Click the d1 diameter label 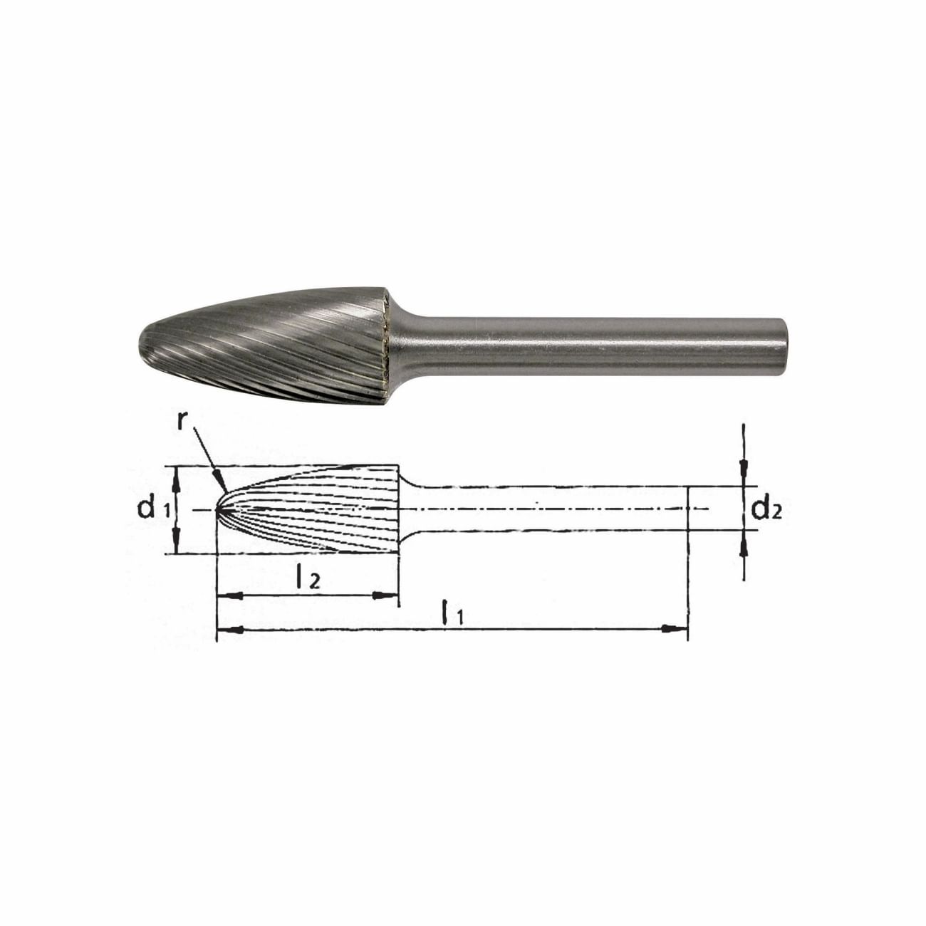pos(153,509)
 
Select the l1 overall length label pos(452,613)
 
